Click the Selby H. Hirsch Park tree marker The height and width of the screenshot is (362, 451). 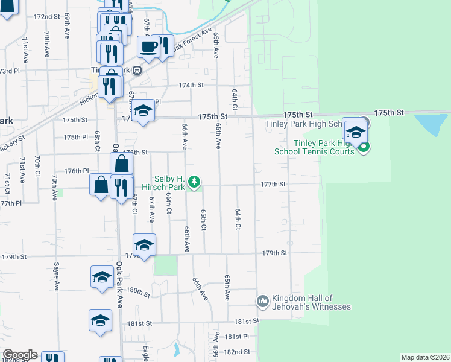[x=194, y=181]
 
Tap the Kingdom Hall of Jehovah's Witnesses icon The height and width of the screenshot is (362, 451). [x=262, y=300]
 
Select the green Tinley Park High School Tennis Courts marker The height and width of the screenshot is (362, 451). [x=362, y=147]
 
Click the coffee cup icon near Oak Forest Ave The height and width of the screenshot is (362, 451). [x=148, y=46]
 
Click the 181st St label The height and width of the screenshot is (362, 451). [x=139, y=323]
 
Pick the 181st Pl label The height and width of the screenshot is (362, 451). [x=237, y=336]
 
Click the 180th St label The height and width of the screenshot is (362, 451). [x=139, y=292]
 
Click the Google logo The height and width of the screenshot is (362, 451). [x=20, y=355]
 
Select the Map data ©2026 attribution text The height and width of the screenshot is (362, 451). [x=425, y=357]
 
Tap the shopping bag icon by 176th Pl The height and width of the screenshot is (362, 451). [x=121, y=163]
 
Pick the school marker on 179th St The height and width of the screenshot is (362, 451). [x=144, y=245]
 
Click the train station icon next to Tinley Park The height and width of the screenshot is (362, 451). [x=137, y=70]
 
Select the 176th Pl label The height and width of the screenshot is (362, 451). [x=77, y=171]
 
